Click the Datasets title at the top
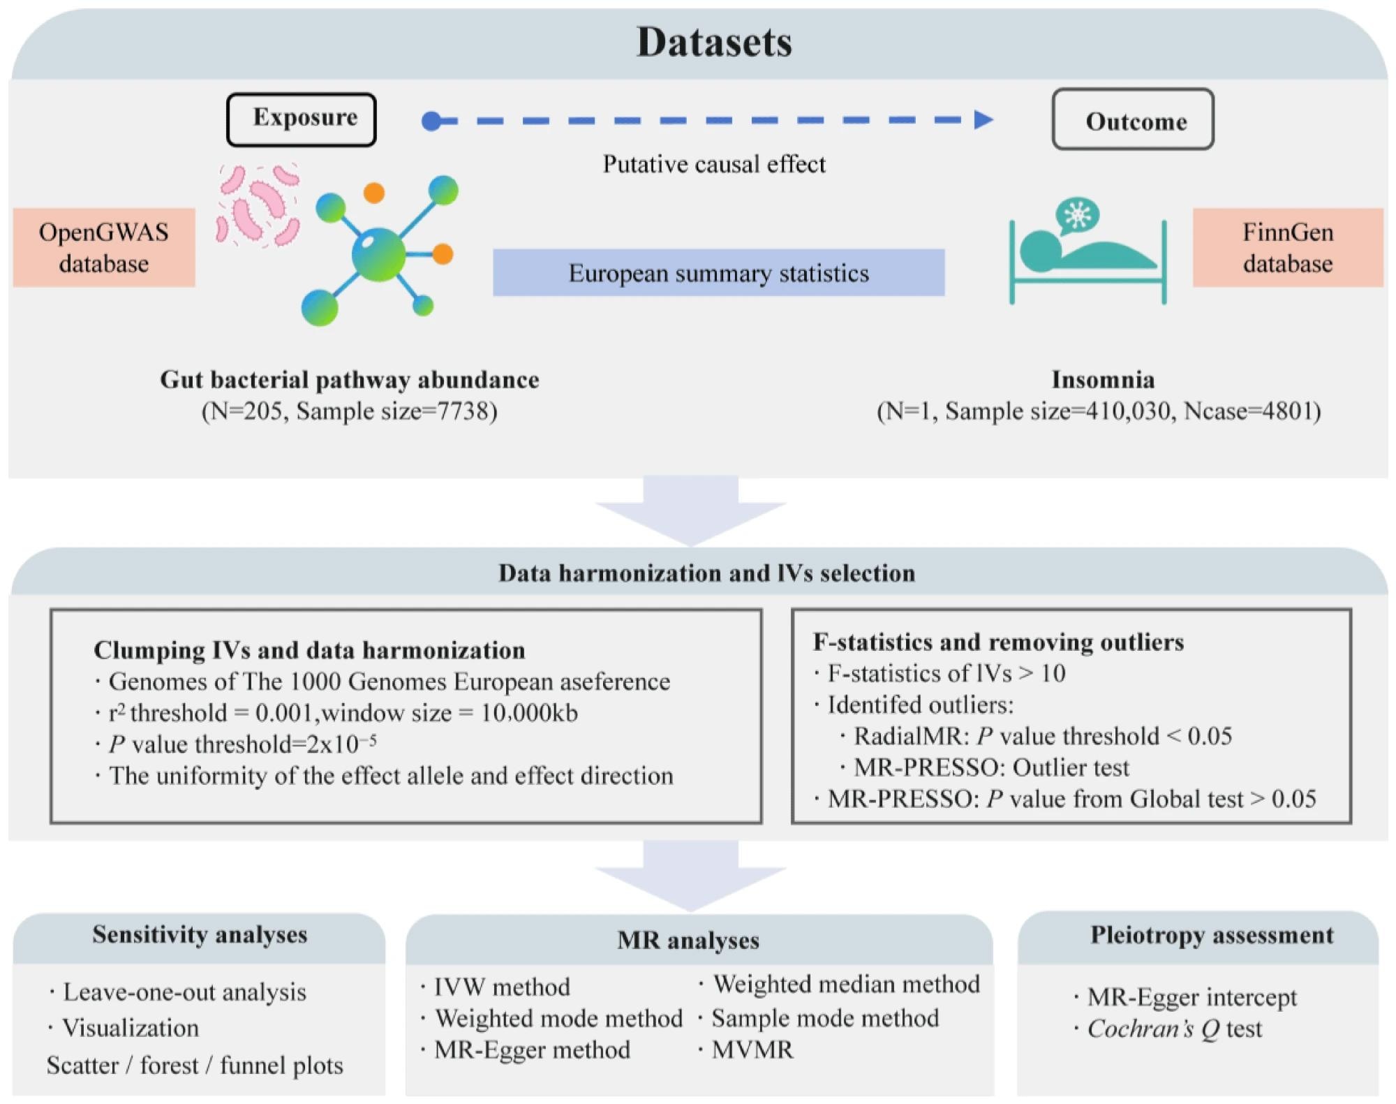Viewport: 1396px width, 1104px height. click(713, 42)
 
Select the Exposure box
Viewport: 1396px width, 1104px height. click(302, 119)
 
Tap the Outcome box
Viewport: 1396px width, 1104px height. click(1133, 119)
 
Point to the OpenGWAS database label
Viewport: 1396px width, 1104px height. click(104, 248)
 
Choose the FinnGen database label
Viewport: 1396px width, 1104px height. click(1287, 248)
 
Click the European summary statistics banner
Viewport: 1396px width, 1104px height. click(718, 273)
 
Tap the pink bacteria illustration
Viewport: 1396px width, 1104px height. click(257, 206)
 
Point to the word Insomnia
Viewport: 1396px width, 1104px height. click(1102, 380)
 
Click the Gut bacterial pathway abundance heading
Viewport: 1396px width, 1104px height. click(349, 380)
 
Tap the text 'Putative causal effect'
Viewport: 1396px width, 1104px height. click(713, 164)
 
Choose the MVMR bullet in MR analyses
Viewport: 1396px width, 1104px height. click(752, 1050)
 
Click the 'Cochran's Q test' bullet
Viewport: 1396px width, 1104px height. click(1174, 1029)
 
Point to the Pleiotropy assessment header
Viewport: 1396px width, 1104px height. click(1211, 935)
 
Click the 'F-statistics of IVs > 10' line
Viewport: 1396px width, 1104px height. click(946, 673)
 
